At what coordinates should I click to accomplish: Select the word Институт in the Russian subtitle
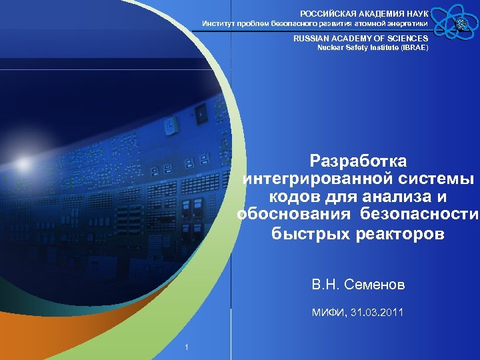[219, 24]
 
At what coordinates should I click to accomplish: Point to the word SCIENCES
[405, 39]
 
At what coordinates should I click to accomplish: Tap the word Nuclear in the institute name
[331, 48]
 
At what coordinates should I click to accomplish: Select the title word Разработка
[359, 161]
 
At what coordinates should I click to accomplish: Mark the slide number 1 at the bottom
[187, 347]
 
